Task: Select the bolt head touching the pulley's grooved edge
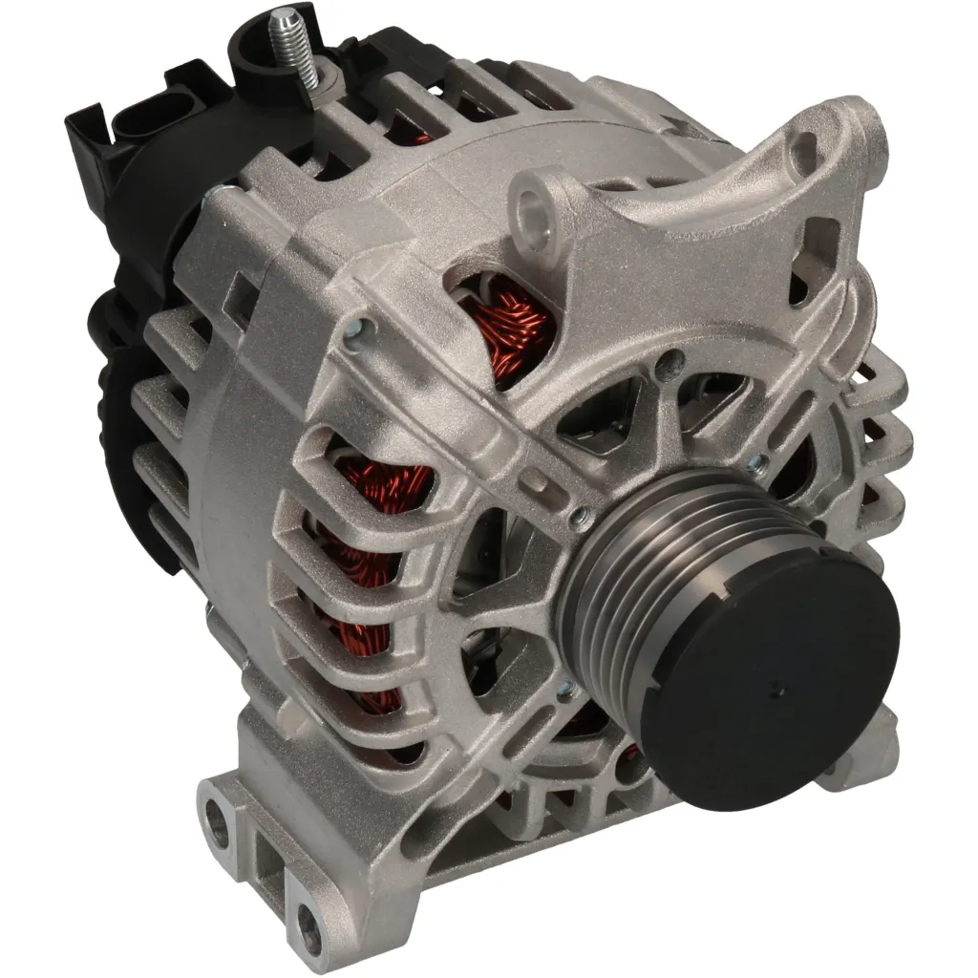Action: tap(577, 518)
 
